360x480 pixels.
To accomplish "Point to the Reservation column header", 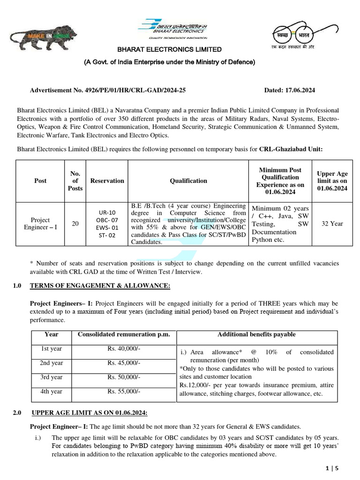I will [107, 180].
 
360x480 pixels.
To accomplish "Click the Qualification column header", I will [188, 180].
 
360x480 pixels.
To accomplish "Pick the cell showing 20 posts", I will [75, 224].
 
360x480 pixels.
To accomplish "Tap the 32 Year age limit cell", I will [332, 224].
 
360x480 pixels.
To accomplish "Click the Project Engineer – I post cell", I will [40, 224].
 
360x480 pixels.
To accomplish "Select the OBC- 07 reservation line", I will [107, 220].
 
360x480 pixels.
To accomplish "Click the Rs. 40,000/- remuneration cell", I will [124, 349].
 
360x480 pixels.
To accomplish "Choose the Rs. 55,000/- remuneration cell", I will [124, 391].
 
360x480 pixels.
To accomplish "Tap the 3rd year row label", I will [51, 377].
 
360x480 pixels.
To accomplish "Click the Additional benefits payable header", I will [256, 334].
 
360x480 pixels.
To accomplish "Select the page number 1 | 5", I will [331, 468].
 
